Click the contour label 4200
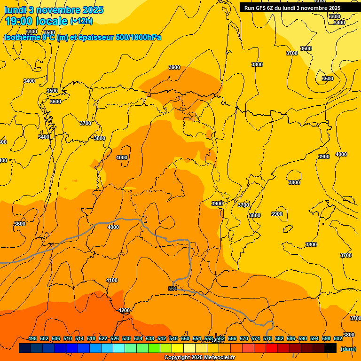coord(124,310)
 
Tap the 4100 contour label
coord(112,280)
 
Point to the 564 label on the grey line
coord(173,289)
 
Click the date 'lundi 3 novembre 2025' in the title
coord(54,10)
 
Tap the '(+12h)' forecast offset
coord(81,21)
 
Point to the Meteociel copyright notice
coord(199,357)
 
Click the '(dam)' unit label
coord(348,348)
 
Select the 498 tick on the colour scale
coord(32,338)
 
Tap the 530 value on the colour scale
coord(126,338)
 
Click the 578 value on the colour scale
coord(267,338)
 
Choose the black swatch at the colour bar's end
coord(330,348)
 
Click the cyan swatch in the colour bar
coord(119,348)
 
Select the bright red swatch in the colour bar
coord(272,348)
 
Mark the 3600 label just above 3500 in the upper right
coord(306,48)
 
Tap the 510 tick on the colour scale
coord(68,338)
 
